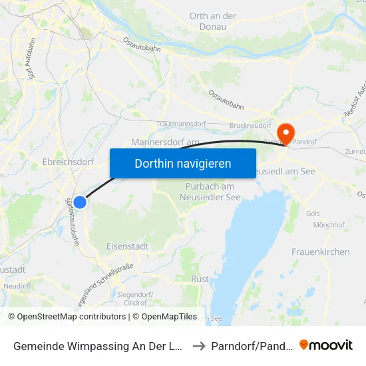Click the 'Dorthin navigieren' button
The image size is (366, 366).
click(183, 163)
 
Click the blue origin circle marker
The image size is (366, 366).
click(80, 202)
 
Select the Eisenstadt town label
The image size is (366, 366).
click(128, 246)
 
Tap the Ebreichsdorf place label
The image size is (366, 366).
click(67, 162)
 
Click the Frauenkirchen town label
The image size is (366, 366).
click(320, 252)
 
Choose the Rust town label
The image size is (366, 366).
click(199, 279)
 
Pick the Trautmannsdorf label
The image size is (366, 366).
click(180, 124)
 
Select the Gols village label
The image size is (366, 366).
click(313, 214)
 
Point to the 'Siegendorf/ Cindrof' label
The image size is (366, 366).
click(131, 298)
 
